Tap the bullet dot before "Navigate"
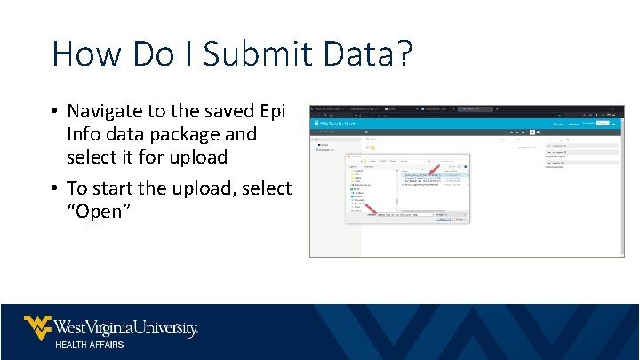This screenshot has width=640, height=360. point(55,112)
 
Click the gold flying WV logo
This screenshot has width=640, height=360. point(37,327)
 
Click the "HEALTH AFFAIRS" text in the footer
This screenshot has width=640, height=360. point(90,344)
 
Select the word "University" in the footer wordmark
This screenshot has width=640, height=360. point(165,328)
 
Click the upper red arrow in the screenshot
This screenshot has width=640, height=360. point(433,170)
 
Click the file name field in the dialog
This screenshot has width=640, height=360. point(404,215)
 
